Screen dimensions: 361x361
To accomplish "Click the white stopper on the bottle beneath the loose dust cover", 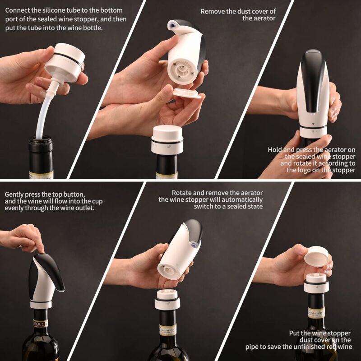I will coord(167,139).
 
